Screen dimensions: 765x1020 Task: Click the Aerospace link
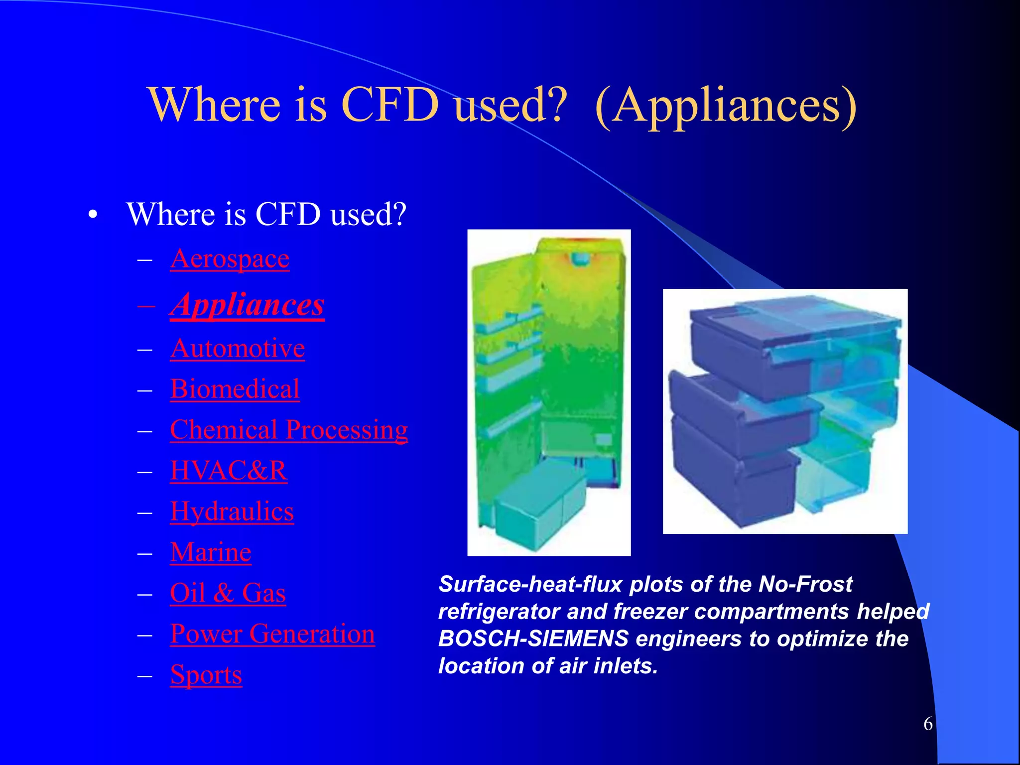(230, 259)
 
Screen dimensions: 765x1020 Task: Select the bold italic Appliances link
(247, 305)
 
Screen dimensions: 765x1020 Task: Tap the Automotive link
(237, 348)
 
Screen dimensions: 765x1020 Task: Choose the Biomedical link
(235, 389)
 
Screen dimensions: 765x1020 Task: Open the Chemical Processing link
(289, 430)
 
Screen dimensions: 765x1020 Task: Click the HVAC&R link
(229, 471)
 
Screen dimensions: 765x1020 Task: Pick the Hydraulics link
(232, 511)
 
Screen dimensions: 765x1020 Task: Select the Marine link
(210, 552)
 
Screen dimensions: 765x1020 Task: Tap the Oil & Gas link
(228, 593)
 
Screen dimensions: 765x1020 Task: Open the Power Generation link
(272, 634)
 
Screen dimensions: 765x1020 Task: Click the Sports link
(206, 675)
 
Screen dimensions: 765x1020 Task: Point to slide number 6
(928, 724)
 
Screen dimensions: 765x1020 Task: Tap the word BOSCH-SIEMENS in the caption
(533, 639)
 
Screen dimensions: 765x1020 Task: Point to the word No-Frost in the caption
(805, 584)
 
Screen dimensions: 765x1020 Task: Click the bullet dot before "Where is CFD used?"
(92, 215)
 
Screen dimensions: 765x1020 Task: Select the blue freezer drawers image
(785, 411)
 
